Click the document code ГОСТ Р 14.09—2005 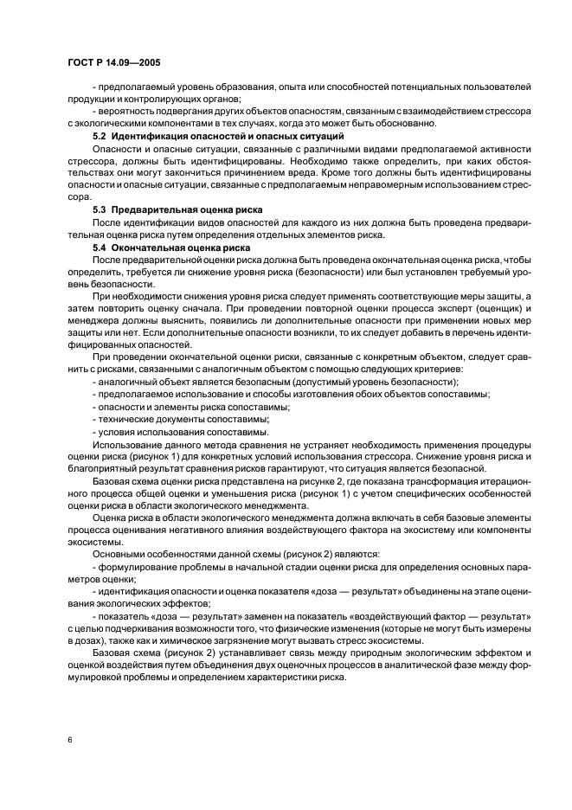[111, 63]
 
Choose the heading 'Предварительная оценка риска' [187, 210]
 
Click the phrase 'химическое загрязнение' [194, 640]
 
